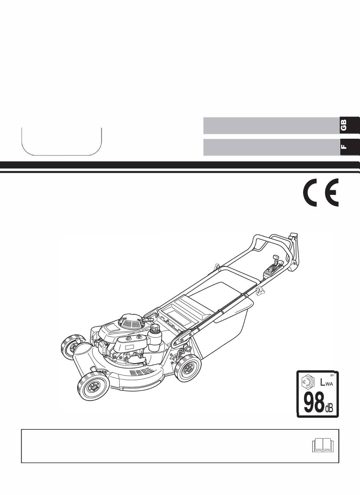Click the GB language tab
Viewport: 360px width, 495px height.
coord(350,125)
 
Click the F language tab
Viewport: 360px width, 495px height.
coord(350,147)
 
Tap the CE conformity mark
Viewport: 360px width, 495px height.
coord(321,192)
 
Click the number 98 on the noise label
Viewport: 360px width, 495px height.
coord(314,404)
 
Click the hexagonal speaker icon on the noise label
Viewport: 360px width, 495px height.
coord(308,382)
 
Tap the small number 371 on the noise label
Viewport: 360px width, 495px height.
coord(332,375)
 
